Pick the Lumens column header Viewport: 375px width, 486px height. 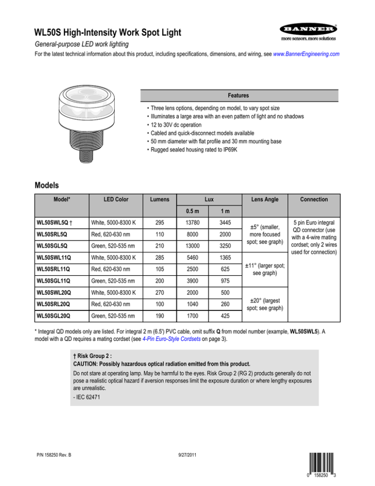[x=156, y=199]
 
